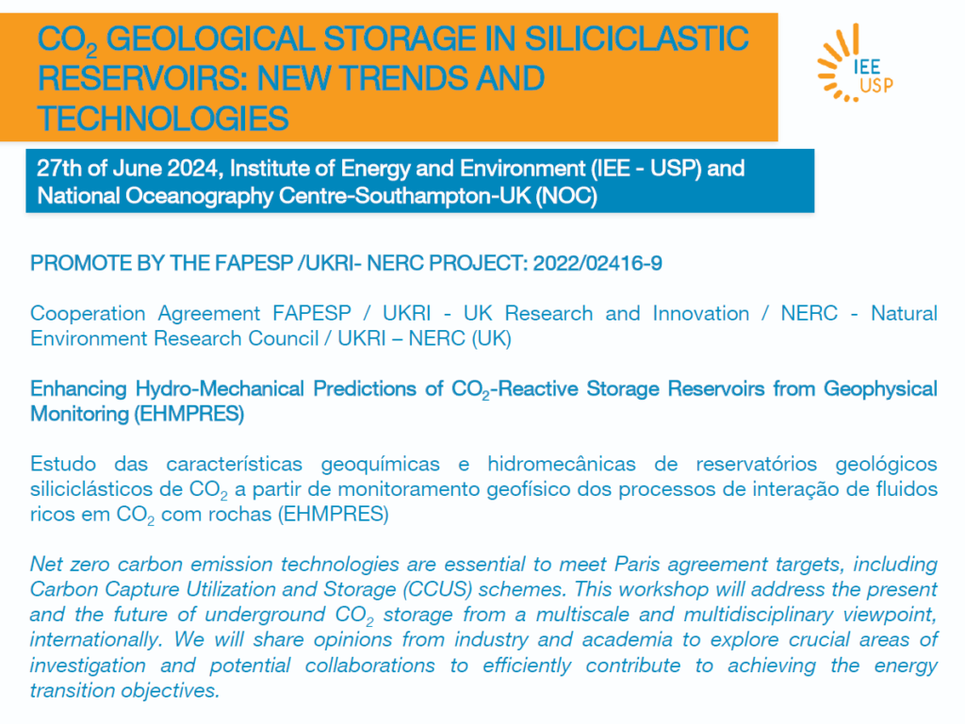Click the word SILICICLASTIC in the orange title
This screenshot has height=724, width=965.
pos(636,38)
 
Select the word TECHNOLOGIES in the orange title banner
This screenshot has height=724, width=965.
pos(163,118)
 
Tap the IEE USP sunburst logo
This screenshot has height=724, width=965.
pos(855,63)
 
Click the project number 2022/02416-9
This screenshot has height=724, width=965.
pos(597,264)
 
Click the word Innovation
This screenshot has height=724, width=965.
pos(701,313)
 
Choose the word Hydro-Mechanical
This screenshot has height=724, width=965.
pos(220,389)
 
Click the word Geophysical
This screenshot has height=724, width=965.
pos(880,389)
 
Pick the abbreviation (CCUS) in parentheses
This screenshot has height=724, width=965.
pos(437,590)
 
